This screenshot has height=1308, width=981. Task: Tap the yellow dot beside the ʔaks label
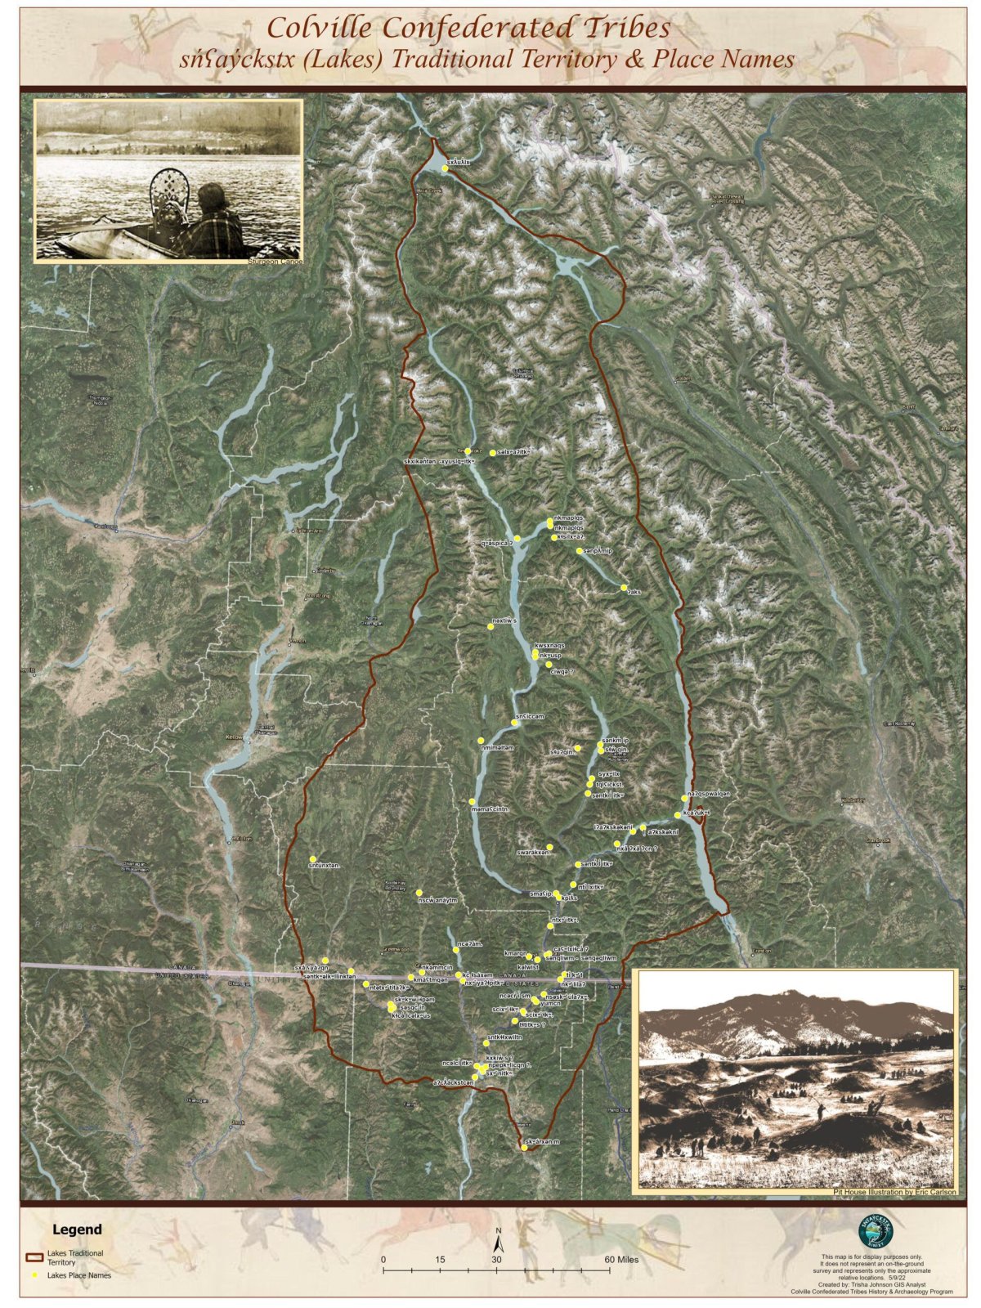point(624,588)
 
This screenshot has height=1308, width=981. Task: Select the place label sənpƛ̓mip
point(598,551)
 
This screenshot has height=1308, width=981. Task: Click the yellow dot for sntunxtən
point(313,858)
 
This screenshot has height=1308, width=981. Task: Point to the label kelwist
point(528,966)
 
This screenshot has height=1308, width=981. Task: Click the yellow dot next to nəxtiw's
point(490,626)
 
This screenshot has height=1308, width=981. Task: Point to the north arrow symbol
point(498,1243)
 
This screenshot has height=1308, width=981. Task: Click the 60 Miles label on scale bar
point(622,1259)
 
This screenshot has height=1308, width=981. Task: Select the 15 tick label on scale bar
point(440,1259)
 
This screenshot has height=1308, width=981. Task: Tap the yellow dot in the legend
point(35,1274)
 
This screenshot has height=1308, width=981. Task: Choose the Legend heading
point(78,1230)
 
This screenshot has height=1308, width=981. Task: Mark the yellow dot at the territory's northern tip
point(445,168)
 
